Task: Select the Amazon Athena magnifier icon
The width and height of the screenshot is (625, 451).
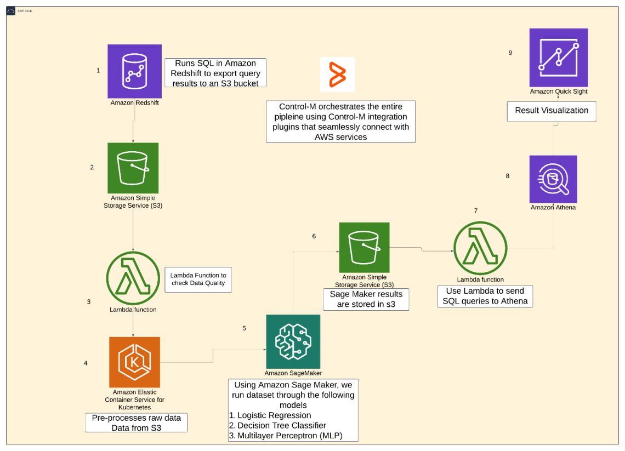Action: [x=553, y=179]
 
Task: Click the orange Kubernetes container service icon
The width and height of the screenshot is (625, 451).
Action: [x=134, y=362]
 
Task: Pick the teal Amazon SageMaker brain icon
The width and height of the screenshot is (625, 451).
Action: [x=293, y=341]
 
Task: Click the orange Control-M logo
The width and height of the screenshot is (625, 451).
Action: [x=337, y=75]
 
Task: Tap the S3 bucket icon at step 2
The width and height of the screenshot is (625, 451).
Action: [x=133, y=168]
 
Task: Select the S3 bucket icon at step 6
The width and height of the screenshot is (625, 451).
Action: [x=364, y=247]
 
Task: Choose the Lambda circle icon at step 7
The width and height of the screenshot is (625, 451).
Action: [x=480, y=248]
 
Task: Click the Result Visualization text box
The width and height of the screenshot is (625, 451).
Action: [x=551, y=111]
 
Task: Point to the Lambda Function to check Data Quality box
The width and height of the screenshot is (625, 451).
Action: [x=198, y=279]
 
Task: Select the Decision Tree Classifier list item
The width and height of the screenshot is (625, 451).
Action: [x=281, y=425]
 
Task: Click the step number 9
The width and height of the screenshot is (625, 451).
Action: [x=510, y=53]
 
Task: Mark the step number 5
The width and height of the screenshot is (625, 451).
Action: [x=244, y=328]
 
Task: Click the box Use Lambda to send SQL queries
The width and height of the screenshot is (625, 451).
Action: [x=485, y=296]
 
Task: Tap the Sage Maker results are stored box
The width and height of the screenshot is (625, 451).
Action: [x=366, y=299]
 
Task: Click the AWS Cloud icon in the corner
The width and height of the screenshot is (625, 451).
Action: [x=11, y=10]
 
